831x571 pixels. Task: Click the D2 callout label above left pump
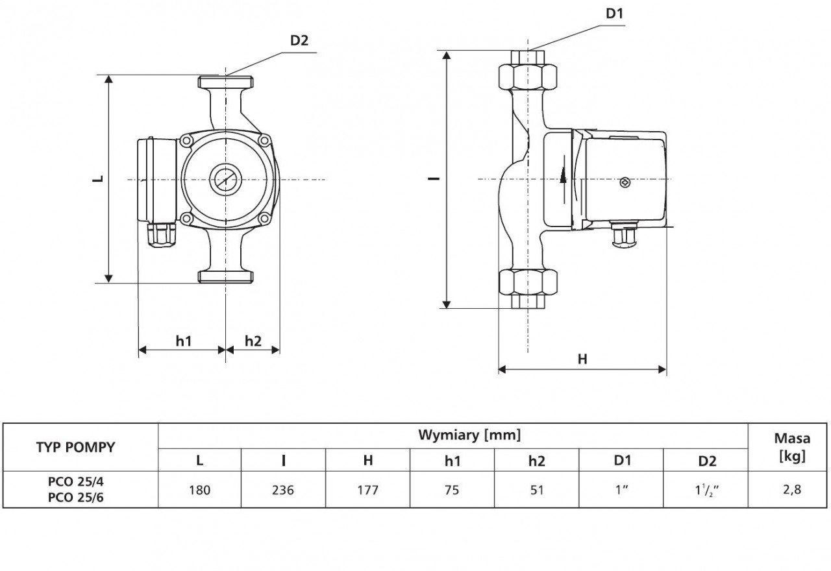pyautogui.click(x=299, y=40)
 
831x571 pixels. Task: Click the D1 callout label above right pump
pyautogui.click(x=614, y=14)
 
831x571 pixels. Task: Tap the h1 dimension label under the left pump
pyautogui.click(x=184, y=341)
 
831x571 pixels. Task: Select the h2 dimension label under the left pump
pyautogui.click(x=253, y=341)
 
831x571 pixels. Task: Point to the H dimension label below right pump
pyautogui.click(x=582, y=359)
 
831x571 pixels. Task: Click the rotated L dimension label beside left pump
pyautogui.click(x=98, y=178)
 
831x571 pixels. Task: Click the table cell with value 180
pyautogui.click(x=199, y=490)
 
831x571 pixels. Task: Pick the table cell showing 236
pyautogui.click(x=283, y=490)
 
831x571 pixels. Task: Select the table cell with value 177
pyautogui.click(x=367, y=490)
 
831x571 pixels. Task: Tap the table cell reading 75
pyautogui.click(x=452, y=490)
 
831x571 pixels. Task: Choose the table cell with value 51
pyautogui.click(x=536, y=490)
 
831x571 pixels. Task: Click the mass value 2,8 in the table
pyautogui.click(x=792, y=490)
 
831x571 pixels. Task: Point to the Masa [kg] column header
pyautogui.click(x=792, y=448)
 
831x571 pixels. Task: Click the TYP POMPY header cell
pyautogui.click(x=76, y=448)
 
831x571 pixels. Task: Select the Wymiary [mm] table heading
pyautogui.click(x=469, y=435)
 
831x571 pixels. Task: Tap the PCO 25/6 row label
pyautogui.click(x=76, y=498)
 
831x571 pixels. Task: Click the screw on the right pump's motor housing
pyautogui.click(x=625, y=182)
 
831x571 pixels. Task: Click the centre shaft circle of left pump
pyautogui.click(x=225, y=180)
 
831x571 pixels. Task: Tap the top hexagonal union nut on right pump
pyautogui.click(x=528, y=77)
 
